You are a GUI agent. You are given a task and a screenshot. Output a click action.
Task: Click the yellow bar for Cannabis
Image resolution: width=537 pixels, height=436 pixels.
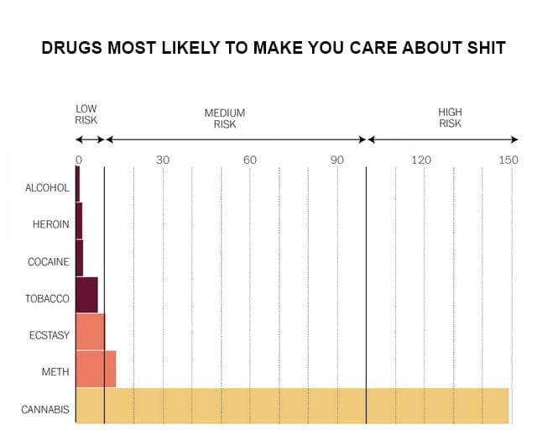coord(292,406)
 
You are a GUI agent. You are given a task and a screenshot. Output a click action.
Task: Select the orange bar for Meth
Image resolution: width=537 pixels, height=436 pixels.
coord(96,369)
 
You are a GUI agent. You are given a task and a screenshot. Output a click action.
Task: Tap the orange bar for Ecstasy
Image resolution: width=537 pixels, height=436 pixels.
coord(90,332)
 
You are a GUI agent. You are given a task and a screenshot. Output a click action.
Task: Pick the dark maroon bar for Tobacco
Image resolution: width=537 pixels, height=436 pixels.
coord(86,295)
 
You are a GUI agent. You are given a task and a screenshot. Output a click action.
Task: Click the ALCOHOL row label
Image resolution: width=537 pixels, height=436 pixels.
coord(47,187)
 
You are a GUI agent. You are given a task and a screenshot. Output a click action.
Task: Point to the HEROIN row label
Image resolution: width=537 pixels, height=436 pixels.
coord(50,224)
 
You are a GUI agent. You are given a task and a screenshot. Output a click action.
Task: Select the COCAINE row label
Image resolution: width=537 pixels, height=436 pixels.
coord(48,261)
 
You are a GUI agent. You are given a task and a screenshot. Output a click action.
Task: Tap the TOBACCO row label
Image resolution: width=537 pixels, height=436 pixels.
coord(47,298)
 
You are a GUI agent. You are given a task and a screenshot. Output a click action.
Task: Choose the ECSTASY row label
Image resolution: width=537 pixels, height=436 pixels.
coord(48,335)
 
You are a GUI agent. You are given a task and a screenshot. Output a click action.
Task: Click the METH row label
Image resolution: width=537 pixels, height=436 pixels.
coord(55,371)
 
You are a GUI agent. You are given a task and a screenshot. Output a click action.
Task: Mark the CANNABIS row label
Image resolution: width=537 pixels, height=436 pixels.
coord(45,410)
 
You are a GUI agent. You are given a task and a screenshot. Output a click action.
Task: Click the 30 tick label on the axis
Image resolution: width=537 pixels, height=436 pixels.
coord(163,160)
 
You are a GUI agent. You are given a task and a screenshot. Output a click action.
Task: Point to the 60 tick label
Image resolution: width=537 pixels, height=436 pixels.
coord(250,160)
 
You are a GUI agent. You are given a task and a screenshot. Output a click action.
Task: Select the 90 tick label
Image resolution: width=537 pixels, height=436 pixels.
coord(337,160)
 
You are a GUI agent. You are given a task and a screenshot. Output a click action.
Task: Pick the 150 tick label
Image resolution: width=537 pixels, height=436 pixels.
coord(508,160)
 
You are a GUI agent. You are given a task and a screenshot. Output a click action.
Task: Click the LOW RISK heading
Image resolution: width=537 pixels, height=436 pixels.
coord(86,114)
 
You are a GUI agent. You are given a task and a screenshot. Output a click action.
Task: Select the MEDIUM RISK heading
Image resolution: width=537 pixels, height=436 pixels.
coord(225,118)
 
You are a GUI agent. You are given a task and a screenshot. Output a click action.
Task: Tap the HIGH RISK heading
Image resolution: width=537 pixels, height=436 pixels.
coord(450,118)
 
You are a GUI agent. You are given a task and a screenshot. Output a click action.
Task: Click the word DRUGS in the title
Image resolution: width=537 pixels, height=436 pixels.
coord(72,49)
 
